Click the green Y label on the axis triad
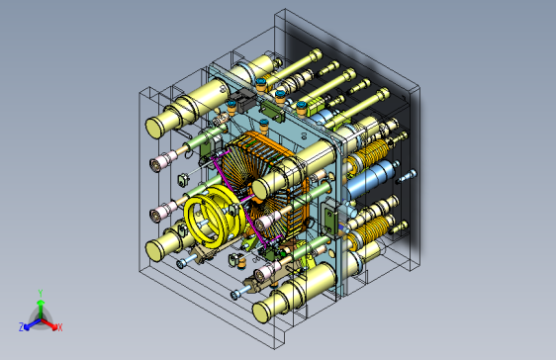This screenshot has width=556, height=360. click(x=41, y=294)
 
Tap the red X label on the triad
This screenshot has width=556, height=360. click(x=60, y=327)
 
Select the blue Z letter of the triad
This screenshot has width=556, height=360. click(x=22, y=327)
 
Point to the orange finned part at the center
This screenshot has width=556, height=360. click(x=265, y=184)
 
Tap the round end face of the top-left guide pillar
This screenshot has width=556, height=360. click(x=154, y=129)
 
